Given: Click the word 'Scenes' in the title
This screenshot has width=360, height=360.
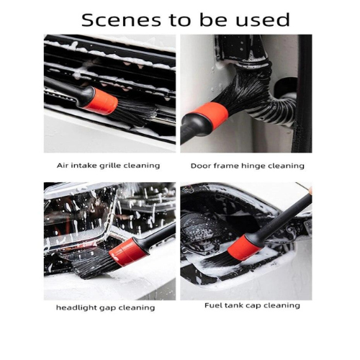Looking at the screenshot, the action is click(121, 20).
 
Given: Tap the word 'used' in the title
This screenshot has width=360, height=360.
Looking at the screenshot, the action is click(263, 20).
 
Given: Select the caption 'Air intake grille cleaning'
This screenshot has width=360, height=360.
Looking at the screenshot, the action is click(108, 166).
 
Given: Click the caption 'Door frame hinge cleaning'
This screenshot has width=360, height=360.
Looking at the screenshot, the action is click(248, 166).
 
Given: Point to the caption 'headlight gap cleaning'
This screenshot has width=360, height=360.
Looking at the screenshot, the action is click(105, 307).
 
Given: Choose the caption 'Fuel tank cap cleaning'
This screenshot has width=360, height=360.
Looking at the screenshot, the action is click(252, 305).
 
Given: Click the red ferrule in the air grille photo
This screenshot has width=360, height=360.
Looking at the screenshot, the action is click(102, 101).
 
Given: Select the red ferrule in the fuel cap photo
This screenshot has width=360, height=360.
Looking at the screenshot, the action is click(243, 248).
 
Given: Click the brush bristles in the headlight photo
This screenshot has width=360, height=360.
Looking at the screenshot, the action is click(94, 264).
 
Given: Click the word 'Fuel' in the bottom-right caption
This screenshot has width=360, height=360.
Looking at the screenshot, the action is click(212, 305).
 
